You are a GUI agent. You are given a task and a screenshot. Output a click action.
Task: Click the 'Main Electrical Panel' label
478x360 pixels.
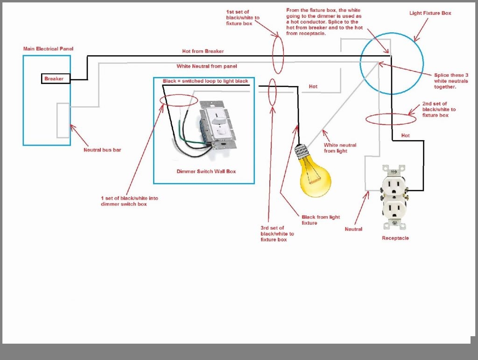click(x=49, y=49)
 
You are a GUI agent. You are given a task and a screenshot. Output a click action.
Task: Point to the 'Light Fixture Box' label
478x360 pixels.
click(x=430, y=13)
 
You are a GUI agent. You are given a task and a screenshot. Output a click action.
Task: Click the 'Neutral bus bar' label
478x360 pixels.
click(x=102, y=150)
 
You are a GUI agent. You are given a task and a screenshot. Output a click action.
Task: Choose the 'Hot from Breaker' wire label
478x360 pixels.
click(x=203, y=51)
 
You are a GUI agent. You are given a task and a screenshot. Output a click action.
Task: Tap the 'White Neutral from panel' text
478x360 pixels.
click(x=206, y=66)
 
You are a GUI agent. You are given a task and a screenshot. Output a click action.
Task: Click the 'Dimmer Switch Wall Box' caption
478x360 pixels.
click(x=206, y=171)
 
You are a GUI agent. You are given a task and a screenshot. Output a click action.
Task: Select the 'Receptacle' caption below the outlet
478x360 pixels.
click(x=395, y=238)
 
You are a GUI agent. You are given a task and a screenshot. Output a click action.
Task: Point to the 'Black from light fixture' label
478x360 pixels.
click(x=321, y=220)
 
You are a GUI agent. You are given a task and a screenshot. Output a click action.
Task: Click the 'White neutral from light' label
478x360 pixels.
click(x=340, y=148)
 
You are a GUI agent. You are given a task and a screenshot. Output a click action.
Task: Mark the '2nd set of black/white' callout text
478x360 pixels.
click(x=439, y=109)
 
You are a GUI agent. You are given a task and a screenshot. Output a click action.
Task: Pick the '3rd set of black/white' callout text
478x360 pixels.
click(x=277, y=233)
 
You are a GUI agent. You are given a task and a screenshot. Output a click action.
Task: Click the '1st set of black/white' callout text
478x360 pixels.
click(x=242, y=18)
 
